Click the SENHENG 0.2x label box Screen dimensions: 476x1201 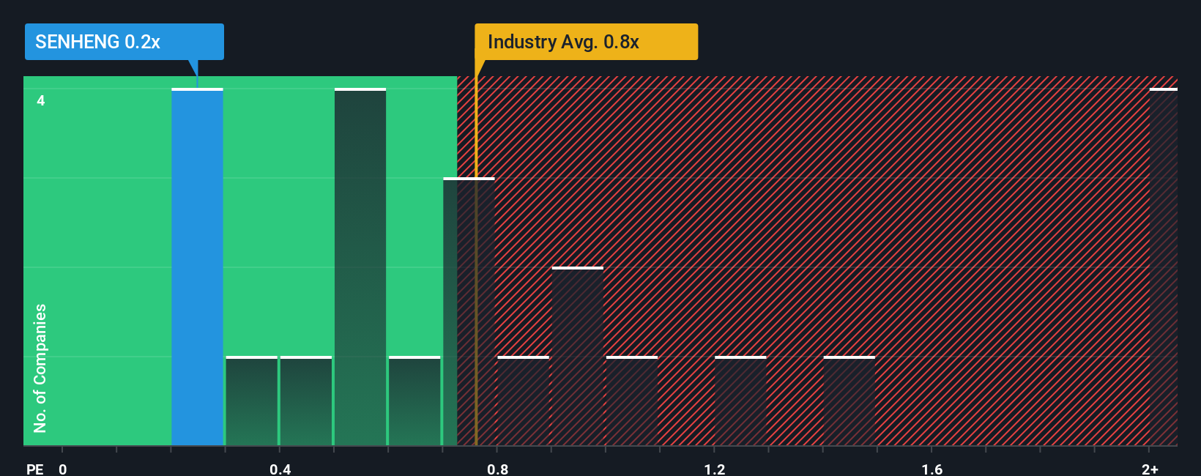click(x=124, y=42)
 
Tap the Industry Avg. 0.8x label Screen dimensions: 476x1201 click(x=586, y=42)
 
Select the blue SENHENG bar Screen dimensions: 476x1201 click(x=197, y=267)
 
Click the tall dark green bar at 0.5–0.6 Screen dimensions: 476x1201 click(x=360, y=267)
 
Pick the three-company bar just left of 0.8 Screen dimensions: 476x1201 click(x=469, y=311)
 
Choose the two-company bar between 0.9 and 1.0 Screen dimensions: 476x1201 click(x=578, y=357)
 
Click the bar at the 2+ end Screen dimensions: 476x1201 click(x=1163, y=267)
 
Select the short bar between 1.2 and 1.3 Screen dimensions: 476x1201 click(x=740, y=401)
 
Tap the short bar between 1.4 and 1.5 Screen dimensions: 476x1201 click(x=849, y=401)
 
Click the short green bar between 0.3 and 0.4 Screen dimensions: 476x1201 click(x=252, y=401)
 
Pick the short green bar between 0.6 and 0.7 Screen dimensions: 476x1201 click(x=414, y=401)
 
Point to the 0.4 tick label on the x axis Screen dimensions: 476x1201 click(x=280, y=469)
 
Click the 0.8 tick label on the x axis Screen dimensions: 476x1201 click(x=498, y=469)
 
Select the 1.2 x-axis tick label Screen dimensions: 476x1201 click(x=715, y=469)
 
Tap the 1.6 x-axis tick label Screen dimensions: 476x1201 click(x=932, y=469)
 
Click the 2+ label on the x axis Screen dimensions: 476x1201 click(x=1150, y=469)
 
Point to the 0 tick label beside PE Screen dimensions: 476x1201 click(x=63, y=469)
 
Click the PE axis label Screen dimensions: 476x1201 click(x=34, y=469)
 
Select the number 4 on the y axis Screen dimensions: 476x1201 click(x=41, y=100)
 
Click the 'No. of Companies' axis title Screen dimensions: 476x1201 click(x=40, y=368)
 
